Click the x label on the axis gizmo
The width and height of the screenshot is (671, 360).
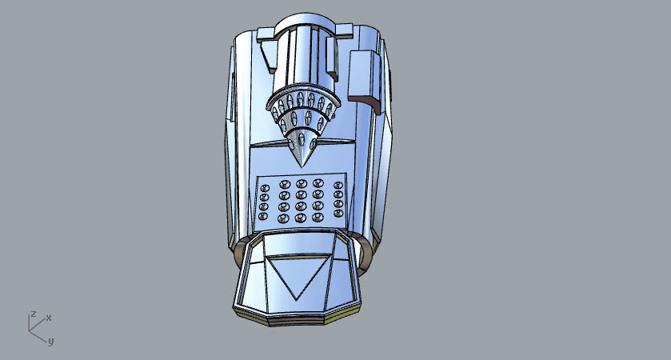(49, 318)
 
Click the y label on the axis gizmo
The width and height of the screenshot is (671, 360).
(50, 342)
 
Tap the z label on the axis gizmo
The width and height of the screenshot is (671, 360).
(33, 314)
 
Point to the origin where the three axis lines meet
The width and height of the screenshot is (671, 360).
(31, 330)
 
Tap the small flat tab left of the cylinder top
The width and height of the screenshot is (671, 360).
(265, 33)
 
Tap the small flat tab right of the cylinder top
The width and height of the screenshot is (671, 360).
(341, 32)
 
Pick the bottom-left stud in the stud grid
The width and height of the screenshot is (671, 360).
(264, 217)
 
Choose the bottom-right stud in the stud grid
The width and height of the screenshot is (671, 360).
(338, 217)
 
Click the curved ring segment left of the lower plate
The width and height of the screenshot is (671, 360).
(238, 254)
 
